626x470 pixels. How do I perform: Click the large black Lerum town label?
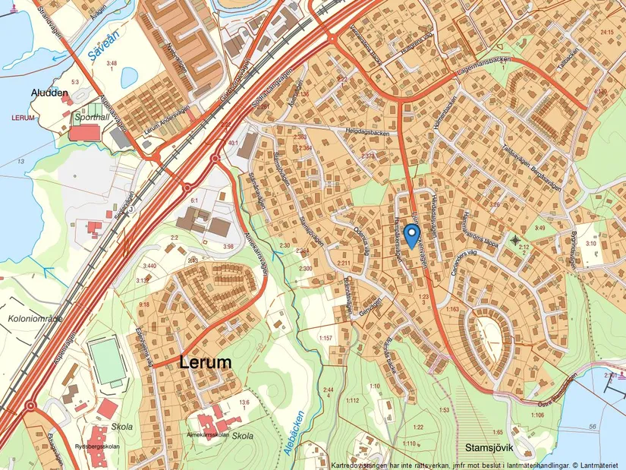coord(206,363)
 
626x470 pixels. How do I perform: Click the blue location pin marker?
coord(411,235)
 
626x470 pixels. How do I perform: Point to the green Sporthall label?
coord(91,118)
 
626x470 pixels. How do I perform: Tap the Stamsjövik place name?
coord(486,438)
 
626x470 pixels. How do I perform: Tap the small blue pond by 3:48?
coord(129,77)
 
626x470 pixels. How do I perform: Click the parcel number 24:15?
coord(606,32)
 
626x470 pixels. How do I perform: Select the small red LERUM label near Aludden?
coord(24,118)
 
